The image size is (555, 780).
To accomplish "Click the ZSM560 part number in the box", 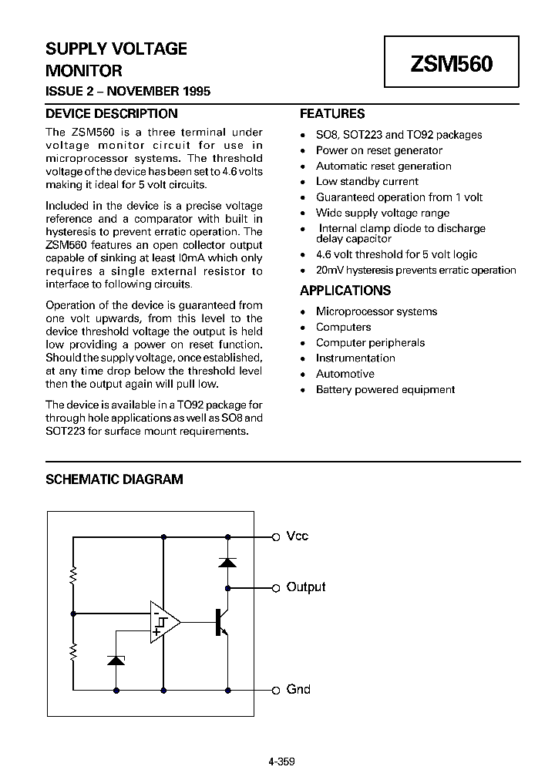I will click(x=452, y=64).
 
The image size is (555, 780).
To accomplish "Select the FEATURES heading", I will click(x=332, y=113).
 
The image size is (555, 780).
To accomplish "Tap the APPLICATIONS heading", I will click(x=345, y=291).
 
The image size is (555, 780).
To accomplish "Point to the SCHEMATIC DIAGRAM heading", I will click(x=114, y=479).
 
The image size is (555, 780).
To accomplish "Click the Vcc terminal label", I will click(x=298, y=536).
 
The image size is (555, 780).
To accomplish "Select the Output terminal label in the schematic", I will click(x=306, y=587).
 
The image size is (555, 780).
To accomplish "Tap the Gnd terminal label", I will click(x=298, y=689).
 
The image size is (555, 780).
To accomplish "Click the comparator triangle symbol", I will click(x=164, y=621).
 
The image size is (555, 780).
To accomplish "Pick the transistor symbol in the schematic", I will click(x=221, y=621).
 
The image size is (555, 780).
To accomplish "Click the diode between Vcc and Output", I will click(x=227, y=562).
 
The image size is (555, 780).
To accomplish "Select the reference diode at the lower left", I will click(x=116, y=660).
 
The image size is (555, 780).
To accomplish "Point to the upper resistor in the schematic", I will click(x=73, y=575).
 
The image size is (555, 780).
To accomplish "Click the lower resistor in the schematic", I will click(x=73, y=652).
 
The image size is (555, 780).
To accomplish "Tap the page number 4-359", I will click(x=281, y=762).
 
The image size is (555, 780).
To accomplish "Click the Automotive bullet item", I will click(x=345, y=374).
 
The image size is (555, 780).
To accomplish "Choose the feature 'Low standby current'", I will click(x=367, y=181).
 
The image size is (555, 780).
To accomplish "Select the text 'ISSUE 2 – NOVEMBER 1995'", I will click(x=128, y=91).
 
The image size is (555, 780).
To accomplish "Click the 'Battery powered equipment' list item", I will click(x=385, y=389).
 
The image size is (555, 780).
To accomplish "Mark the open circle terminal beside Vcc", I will click(x=275, y=536).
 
